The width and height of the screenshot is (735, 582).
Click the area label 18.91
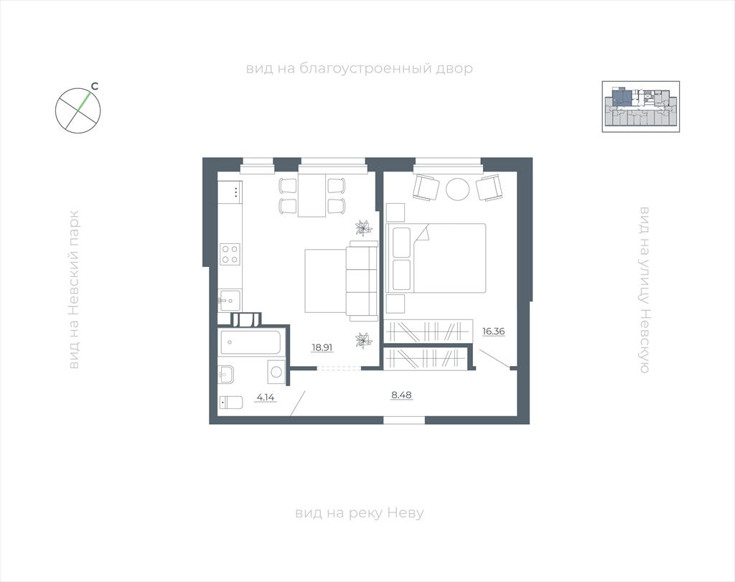click(x=322, y=347)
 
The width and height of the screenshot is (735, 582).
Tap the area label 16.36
click(x=494, y=332)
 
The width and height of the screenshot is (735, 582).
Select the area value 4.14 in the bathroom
click(x=266, y=398)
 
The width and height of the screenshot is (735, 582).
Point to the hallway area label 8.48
click(x=401, y=395)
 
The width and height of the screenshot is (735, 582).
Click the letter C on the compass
click(x=95, y=86)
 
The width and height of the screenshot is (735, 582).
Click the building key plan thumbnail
click(x=641, y=106)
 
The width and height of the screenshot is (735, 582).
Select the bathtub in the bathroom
click(x=252, y=342)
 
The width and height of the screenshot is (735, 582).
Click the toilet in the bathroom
click(x=231, y=403)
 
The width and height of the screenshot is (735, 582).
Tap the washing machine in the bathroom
click(x=276, y=372)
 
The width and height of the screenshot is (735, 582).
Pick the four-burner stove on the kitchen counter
click(x=230, y=255)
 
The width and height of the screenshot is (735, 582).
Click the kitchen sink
click(x=230, y=301)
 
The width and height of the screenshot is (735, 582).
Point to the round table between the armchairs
click(x=457, y=189)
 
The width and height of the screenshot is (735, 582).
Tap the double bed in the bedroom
click(x=436, y=258)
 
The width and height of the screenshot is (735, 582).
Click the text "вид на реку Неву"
click(x=360, y=512)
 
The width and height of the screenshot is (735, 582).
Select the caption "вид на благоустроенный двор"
click(x=360, y=69)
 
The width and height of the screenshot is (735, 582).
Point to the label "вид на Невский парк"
click(x=74, y=290)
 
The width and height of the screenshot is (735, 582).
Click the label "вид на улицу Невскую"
click(x=645, y=290)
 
